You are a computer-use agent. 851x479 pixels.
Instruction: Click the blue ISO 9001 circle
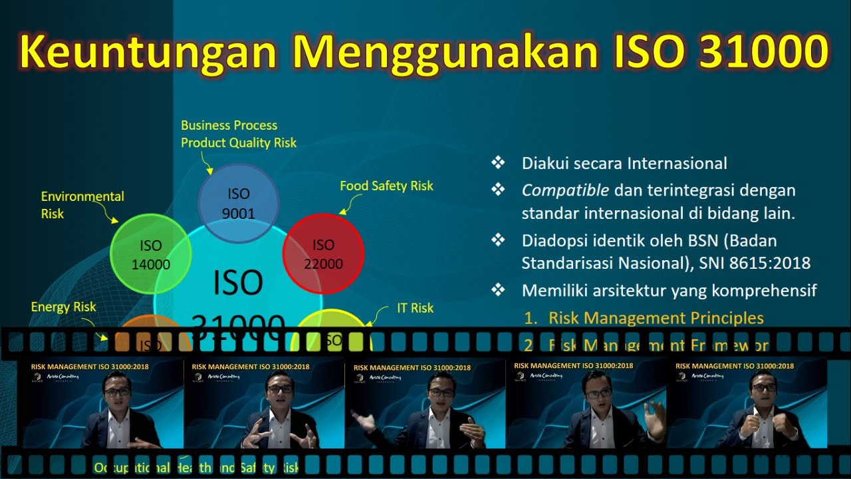pyautogui.click(x=238, y=203)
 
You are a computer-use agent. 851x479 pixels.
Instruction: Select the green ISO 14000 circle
pyautogui.click(x=151, y=254)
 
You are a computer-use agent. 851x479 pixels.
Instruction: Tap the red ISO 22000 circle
pyautogui.click(x=323, y=253)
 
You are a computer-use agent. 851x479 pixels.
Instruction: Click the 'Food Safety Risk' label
pyautogui.click(x=386, y=186)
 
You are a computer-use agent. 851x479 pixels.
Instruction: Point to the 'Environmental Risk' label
pyautogui.click(x=82, y=205)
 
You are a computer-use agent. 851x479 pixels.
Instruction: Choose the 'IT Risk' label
pyautogui.click(x=415, y=308)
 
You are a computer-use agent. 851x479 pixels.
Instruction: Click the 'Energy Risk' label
pyautogui.click(x=63, y=307)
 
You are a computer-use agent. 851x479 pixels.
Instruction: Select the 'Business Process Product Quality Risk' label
pyautogui.click(x=238, y=134)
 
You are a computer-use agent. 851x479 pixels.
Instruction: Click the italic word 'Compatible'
pyautogui.click(x=565, y=190)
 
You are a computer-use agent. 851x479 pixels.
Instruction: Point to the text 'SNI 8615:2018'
pyautogui.click(x=755, y=263)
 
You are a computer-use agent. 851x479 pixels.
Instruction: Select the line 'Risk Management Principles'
pyautogui.click(x=656, y=318)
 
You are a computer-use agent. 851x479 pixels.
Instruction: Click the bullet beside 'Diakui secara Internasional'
pyautogui.click(x=497, y=163)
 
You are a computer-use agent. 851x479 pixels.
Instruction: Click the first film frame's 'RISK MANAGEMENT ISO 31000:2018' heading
pyautogui.click(x=90, y=367)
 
